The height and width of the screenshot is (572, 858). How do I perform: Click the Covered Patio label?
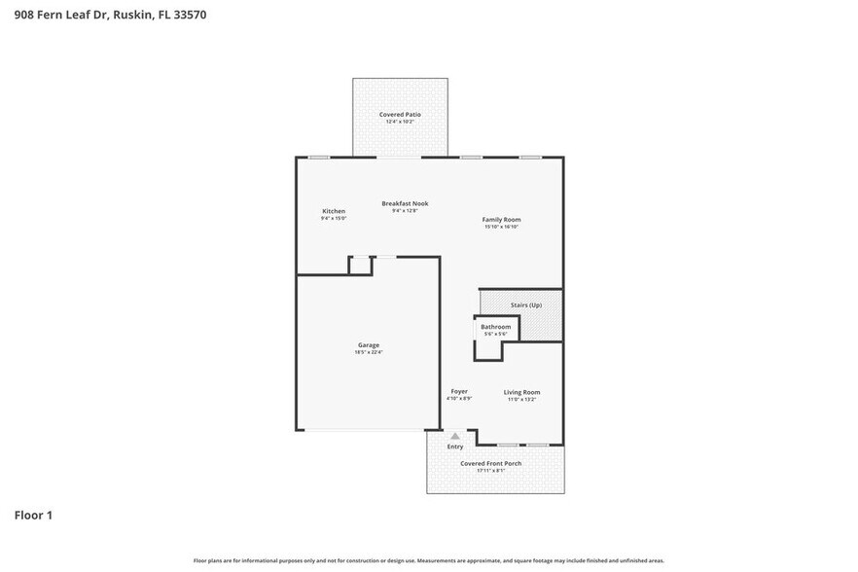pyautogui.click(x=400, y=115)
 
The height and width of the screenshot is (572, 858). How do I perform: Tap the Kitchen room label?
pyautogui.click(x=334, y=211)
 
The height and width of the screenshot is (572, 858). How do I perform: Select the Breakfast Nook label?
pyautogui.click(x=405, y=203)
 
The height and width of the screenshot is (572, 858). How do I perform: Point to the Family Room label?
pyautogui.click(x=502, y=220)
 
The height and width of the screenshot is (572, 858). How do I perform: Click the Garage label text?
pyautogui.click(x=369, y=345)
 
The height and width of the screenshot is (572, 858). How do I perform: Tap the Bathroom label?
pyautogui.click(x=495, y=327)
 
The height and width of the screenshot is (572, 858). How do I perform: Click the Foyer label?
pyautogui.click(x=459, y=391)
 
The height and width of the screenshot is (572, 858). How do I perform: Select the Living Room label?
pyautogui.click(x=521, y=392)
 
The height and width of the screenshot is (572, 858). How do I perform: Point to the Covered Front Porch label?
pyautogui.click(x=491, y=463)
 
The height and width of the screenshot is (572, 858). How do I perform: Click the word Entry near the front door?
pyautogui.click(x=455, y=447)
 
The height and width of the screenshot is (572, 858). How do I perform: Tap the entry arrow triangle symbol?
pyautogui.click(x=454, y=436)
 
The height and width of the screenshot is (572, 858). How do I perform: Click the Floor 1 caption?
pyautogui.click(x=33, y=515)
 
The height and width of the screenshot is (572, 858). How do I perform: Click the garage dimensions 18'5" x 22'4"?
pyautogui.click(x=369, y=352)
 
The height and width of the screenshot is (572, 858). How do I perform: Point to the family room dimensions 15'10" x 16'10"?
pyautogui.click(x=502, y=227)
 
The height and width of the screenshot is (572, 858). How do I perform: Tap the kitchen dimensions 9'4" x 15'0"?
pyautogui.click(x=334, y=218)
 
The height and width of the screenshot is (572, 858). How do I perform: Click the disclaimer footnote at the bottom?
pyautogui.click(x=429, y=560)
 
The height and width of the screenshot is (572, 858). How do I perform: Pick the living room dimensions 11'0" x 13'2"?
pyautogui.click(x=521, y=399)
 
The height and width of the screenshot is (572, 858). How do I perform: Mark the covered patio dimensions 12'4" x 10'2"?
pyautogui.click(x=400, y=122)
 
